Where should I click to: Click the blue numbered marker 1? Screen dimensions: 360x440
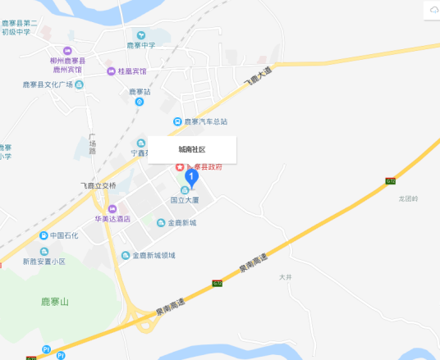point(192,175)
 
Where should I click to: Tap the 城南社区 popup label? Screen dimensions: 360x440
point(192,150)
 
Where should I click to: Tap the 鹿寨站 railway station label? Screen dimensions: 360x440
point(140,93)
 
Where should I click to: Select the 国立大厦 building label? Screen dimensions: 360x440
point(186,198)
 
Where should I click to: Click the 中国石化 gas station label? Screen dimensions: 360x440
point(63,236)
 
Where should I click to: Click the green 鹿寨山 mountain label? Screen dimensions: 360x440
point(55,303)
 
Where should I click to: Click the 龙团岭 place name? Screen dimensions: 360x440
point(408,198)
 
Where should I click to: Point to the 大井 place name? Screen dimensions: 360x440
point(285,277)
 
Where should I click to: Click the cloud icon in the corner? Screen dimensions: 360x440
point(432,9)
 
